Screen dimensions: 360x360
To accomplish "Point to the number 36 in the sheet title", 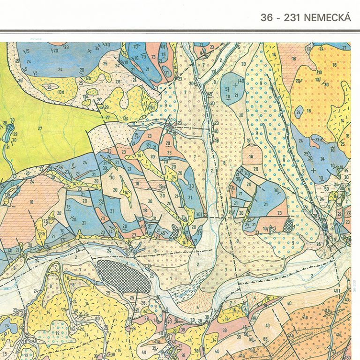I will click(x=267, y=18).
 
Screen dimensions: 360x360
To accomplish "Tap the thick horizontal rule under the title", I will click(x=180, y=31).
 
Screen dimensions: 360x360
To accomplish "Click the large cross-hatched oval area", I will click(x=123, y=276).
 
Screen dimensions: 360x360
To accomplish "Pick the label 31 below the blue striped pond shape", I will click(x=7, y=147).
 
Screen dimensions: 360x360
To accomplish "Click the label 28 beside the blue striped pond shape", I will click(x=5, y=123).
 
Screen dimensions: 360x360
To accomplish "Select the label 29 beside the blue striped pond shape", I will click(x=14, y=134).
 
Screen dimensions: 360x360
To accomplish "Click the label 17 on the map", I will click(x=308, y=48).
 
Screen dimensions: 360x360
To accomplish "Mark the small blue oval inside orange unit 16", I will click(x=299, y=111).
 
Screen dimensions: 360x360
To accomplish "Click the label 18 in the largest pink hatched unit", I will click(x=31, y=202).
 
